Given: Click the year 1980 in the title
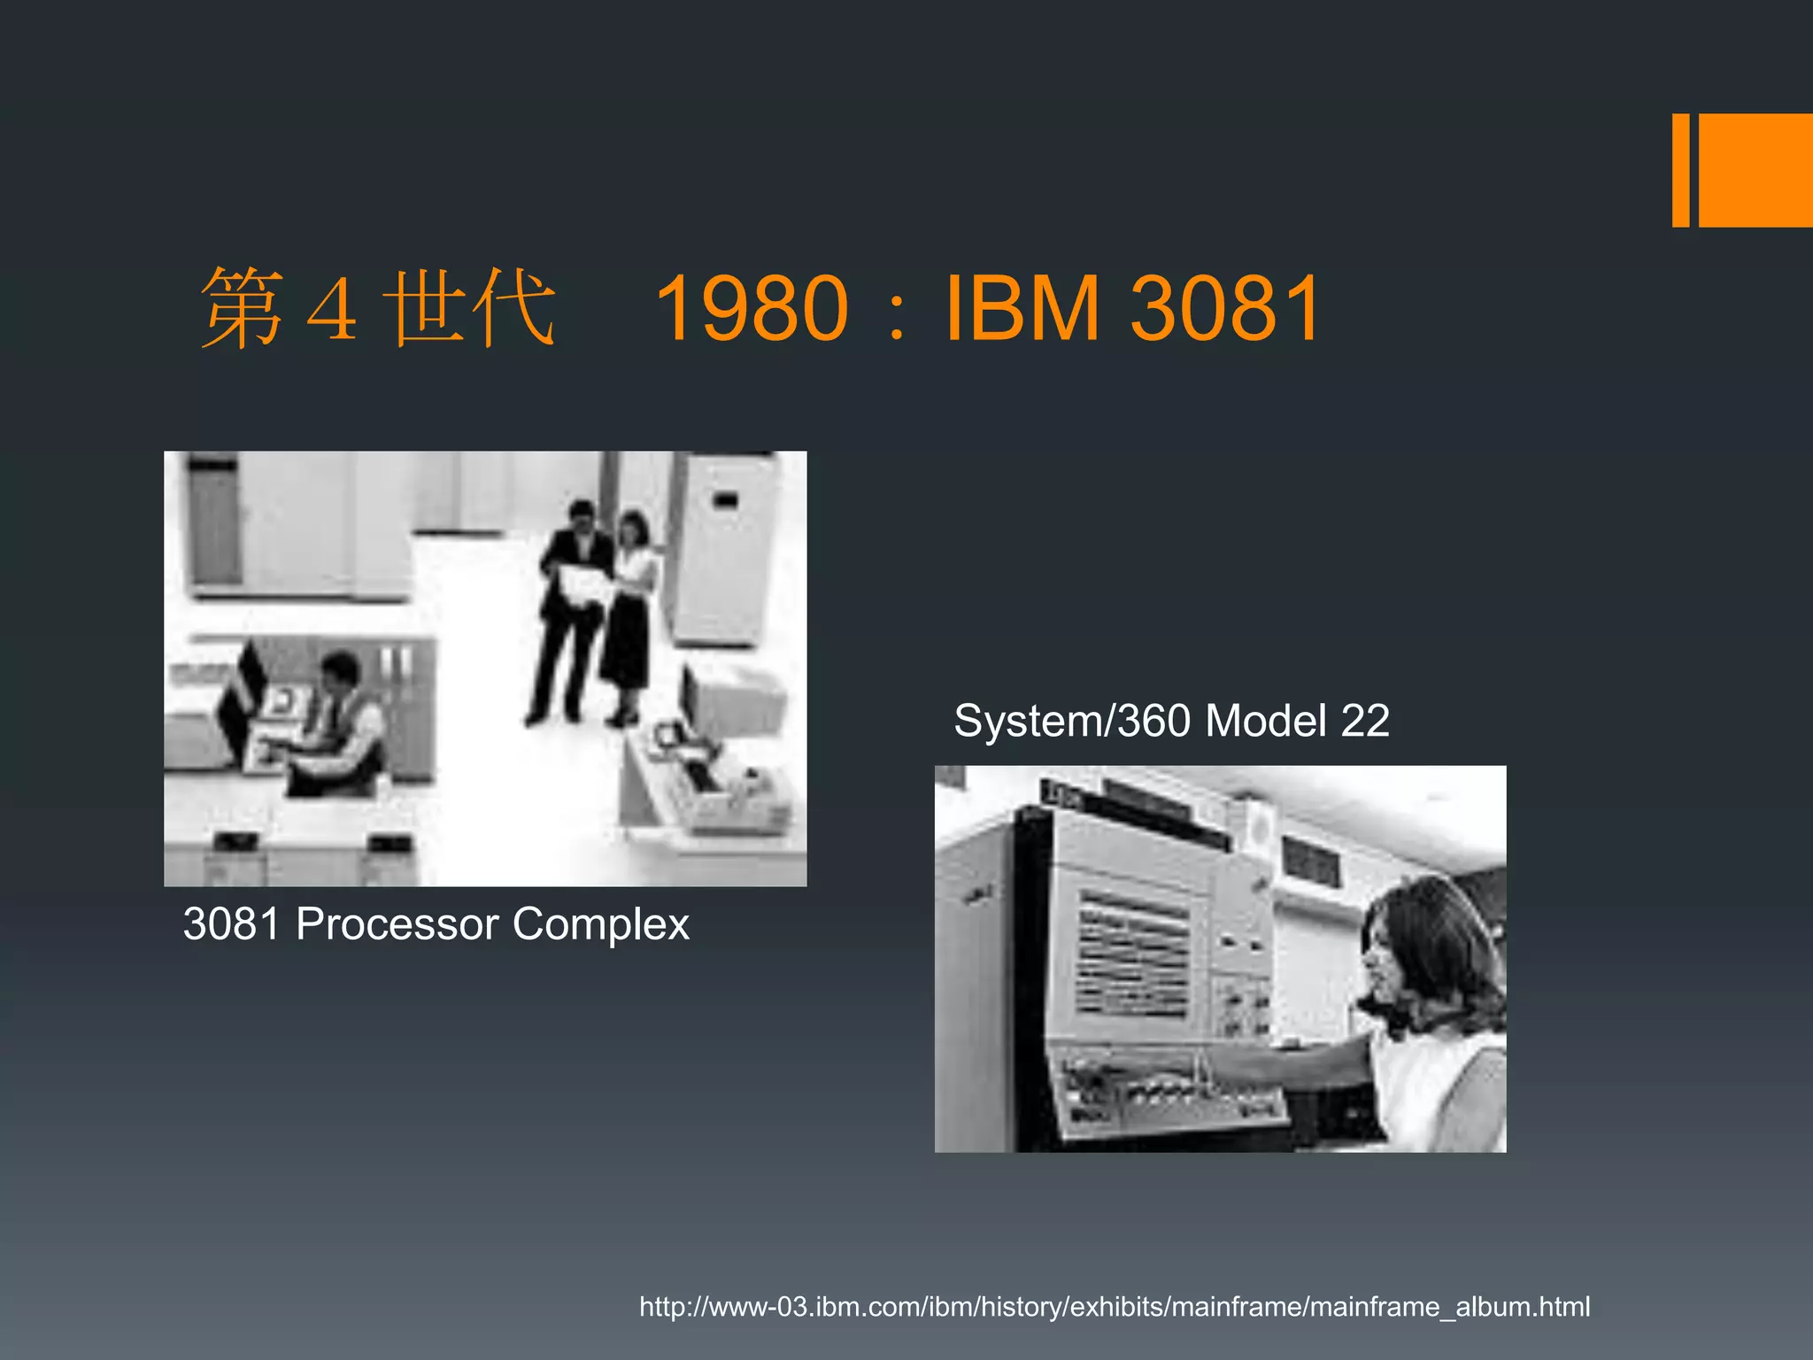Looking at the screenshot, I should pyautogui.click(x=752, y=308).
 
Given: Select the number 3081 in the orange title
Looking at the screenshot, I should pyautogui.click(x=1225, y=308).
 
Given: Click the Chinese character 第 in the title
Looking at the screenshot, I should pyautogui.click(x=242, y=308).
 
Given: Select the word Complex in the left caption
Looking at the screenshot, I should pyautogui.click(x=600, y=924).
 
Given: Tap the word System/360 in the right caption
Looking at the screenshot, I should pyautogui.click(x=1071, y=721).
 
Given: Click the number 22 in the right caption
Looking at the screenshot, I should pyautogui.click(x=1364, y=721).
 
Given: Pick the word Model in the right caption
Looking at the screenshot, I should pyautogui.click(x=1266, y=721).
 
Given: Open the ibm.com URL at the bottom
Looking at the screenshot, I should pyautogui.click(x=1114, y=1306).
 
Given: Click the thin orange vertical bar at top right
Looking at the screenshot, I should pyautogui.click(x=1679, y=170).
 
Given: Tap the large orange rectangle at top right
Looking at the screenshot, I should pyautogui.click(x=1755, y=170).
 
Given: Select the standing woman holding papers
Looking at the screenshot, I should pyautogui.click(x=630, y=611).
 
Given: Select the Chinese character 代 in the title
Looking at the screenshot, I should pyautogui.click(x=513, y=308).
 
